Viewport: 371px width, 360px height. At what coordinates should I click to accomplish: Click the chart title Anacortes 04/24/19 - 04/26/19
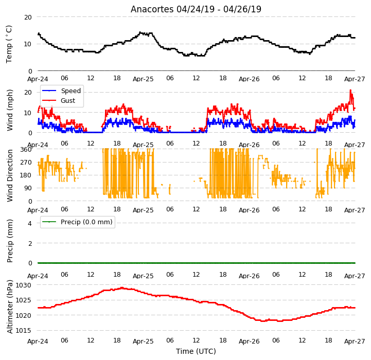(x=196, y=9)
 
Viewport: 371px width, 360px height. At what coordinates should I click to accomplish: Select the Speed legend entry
(x=62, y=91)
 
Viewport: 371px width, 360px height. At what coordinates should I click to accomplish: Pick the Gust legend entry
(x=59, y=100)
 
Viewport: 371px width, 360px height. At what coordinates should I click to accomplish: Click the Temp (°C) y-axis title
(x=9, y=44)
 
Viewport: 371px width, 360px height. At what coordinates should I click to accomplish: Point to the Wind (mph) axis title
(x=9, y=110)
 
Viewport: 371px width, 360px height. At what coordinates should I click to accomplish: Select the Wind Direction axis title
(x=10, y=175)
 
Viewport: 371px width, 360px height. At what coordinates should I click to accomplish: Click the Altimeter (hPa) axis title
(x=10, y=307)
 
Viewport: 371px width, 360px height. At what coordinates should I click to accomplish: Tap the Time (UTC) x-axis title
(x=196, y=351)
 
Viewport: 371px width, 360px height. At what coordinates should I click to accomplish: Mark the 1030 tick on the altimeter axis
(x=23, y=285)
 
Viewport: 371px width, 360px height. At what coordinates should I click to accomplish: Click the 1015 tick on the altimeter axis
(x=23, y=331)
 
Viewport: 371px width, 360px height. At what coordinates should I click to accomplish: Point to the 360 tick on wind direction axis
(x=26, y=150)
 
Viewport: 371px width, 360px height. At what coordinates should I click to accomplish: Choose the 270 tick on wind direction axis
(x=26, y=163)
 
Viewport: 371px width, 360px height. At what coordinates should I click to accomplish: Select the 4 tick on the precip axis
(x=30, y=223)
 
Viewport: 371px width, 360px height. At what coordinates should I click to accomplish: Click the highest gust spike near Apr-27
(x=350, y=90)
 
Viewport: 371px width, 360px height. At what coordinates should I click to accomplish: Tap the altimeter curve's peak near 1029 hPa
(x=122, y=288)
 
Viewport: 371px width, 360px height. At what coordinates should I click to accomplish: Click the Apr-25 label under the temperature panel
(x=143, y=79)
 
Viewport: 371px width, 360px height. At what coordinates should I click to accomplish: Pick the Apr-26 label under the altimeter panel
(x=249, y=341)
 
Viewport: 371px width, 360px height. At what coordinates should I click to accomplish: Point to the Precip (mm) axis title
(x=10, y=241)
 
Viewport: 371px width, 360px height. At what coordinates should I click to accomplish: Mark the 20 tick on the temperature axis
(x=28, y=17)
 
